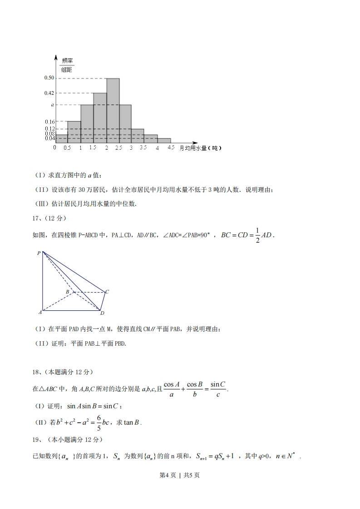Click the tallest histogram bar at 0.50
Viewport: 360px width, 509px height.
click(113, 110)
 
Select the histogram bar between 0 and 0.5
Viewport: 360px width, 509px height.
click(61, 138)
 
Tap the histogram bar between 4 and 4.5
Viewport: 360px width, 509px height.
click(164, 141)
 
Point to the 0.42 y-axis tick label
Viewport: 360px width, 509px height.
click(49, 93)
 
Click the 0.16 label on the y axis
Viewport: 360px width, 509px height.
click(49, 122)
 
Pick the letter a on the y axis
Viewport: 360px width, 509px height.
click(52, 105)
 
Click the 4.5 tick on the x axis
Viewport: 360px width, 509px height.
click(171, 148)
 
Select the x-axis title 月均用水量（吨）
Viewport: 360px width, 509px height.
click(200, 148)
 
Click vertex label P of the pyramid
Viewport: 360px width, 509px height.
click(39, 253)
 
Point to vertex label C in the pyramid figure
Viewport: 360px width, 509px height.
click(107, 292)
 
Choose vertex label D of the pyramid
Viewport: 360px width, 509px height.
click(103, 313)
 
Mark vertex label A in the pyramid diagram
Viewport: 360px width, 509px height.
click(40, 312)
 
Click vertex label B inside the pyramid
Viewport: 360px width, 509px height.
click(67, 291)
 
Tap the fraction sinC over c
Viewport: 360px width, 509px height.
click(218, 389)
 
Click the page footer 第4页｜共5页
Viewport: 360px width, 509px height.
click(180, 475)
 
